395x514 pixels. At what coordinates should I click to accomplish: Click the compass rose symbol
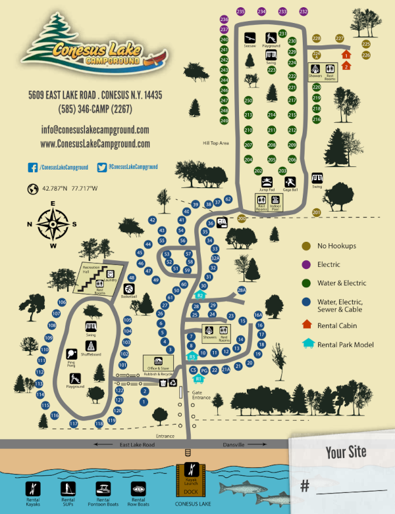(x=53, y=224)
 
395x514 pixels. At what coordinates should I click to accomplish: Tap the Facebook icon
(x=32, y=168)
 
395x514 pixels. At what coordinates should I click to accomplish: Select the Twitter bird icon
(x=101, y=168)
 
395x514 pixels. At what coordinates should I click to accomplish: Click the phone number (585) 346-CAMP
(x=95, y=108)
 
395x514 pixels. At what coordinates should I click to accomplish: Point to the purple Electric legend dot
(x=305, y=265)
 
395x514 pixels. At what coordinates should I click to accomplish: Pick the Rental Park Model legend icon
(x=306, y=342)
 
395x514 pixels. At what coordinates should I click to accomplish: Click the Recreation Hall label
(x=90, y=269)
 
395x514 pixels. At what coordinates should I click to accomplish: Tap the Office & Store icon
(x=158, y=361)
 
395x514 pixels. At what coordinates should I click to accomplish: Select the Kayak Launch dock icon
(x=190, y=471)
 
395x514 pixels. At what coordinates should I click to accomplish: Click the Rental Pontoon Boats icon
(x=103, y=488)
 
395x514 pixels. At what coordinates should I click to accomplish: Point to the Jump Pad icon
(x=267, y=182)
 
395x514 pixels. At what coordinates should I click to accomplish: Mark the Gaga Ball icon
(x=290, y=182)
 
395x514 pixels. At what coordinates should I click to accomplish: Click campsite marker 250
(x=248, y=101)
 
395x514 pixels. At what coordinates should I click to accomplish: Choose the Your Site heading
(x=345, y=453)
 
